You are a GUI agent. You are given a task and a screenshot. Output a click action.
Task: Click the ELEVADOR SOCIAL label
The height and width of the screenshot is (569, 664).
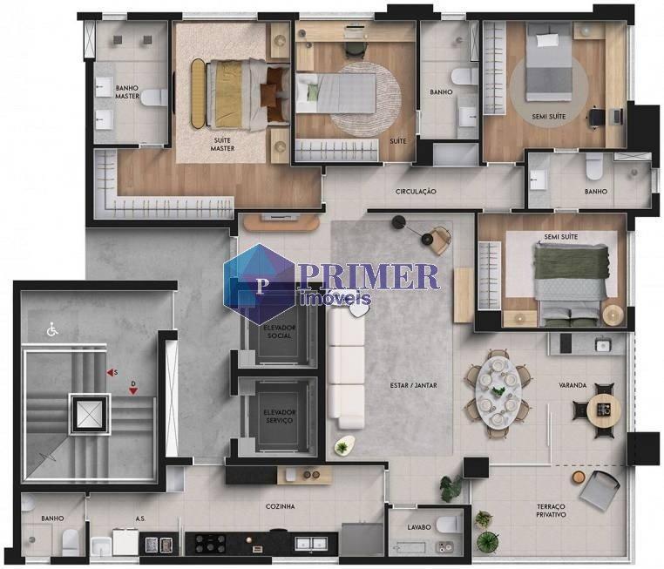(x=280, y=331)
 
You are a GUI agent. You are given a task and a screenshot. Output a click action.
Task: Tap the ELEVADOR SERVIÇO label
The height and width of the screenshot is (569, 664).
(x=280, y=417)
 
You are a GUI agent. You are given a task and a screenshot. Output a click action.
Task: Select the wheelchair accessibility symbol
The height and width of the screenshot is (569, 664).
(x=52, y=329)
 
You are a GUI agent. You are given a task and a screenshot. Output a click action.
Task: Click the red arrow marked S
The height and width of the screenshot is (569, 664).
(x=110, y=373)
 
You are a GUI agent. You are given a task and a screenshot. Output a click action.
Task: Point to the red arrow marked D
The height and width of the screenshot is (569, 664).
(x=133, y=390)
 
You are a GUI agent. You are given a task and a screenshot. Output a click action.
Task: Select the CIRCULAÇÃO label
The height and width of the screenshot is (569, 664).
(x=416, y=192)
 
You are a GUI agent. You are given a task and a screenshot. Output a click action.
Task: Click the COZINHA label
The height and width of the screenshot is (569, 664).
(x=280, y=506)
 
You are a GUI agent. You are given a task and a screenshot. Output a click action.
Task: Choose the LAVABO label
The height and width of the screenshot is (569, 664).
(x=419, y=527)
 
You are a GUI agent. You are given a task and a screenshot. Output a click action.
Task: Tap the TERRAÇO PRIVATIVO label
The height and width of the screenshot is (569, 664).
(x=551, y=511)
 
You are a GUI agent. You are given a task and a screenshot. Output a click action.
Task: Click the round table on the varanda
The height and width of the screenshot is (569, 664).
(x=604, y=410)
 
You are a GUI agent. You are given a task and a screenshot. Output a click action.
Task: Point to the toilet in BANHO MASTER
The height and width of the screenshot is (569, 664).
(x=154, y=98)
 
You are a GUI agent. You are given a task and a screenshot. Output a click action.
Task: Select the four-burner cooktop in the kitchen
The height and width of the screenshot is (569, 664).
(x=210, y=543)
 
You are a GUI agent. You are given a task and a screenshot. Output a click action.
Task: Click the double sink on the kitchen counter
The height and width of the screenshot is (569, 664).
(x=311, y=542)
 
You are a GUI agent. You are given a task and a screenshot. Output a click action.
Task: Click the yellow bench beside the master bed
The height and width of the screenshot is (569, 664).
(x=197, y=93)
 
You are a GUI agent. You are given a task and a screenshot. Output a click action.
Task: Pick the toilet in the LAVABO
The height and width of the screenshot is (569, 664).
(x=449, y=524)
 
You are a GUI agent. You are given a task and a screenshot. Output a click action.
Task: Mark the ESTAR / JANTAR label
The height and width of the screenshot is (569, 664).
(x=413, y=385)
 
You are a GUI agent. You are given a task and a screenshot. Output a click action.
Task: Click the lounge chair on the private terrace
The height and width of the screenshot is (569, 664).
(x=599, y=486)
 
